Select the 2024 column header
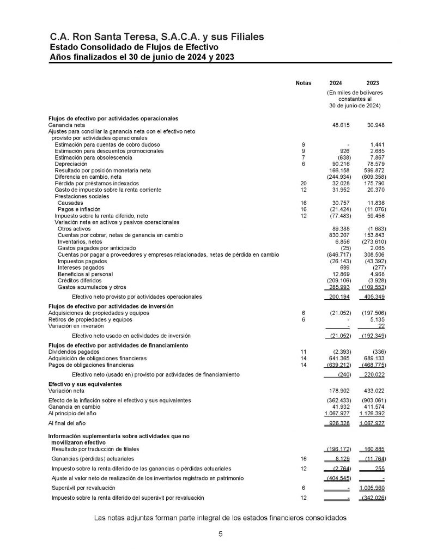pyautogui.click(x=336, y=83)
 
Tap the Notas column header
pyautogui.click(x=303, y=83)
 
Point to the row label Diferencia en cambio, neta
pyautogui.click(x=88, y=177)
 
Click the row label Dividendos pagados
pyautogui.click(x=71, y=352)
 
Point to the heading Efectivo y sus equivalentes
pyautogui.click(x=86, y=385)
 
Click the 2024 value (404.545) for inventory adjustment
pyautogui.click(x=338, y=478)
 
